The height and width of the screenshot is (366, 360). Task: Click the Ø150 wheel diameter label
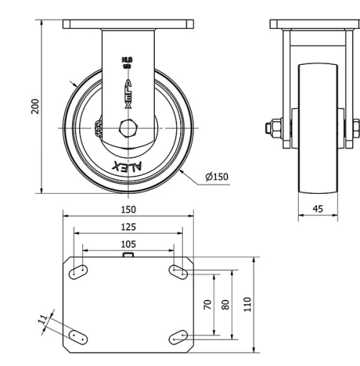pos(216,177)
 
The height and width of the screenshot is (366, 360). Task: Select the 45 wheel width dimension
pos(318,210)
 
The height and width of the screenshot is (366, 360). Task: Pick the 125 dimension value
pos(127,226)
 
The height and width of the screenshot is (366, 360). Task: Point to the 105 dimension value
pos(127,244)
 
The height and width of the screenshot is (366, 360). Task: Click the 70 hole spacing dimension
pos(208,304)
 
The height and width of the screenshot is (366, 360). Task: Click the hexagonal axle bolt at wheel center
pos(127,129)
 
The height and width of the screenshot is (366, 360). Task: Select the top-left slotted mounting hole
pos(78,271)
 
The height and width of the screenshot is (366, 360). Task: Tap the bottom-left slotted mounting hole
pos(78,336)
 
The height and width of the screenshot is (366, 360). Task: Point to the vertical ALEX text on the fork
pos(127,94)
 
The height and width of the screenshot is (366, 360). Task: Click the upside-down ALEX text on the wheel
pos(127,166)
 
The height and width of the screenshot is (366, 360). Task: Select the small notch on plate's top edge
pos(127,254)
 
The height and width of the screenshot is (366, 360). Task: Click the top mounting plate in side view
pos(315,24)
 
